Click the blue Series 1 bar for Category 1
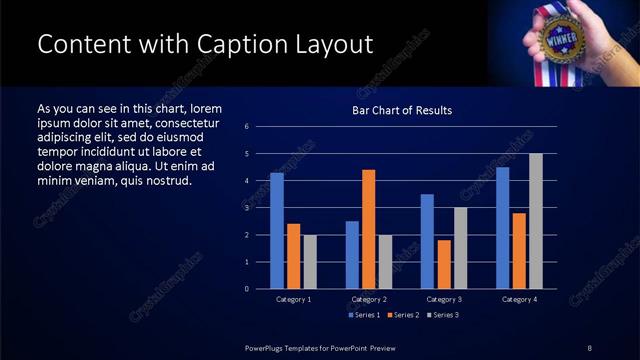tap(276, 231)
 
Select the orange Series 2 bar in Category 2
tap(368, 229)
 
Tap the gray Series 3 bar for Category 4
tap(535, 221)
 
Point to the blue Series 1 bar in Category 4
tap(502, 228)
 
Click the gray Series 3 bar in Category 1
tap(310, 262)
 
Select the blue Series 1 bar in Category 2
tap(352, 255)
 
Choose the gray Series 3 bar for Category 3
tap(460, 248)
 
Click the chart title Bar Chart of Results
tap(401, 110)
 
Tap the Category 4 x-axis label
tap(518, 299)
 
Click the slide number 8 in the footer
tap(589, 347)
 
